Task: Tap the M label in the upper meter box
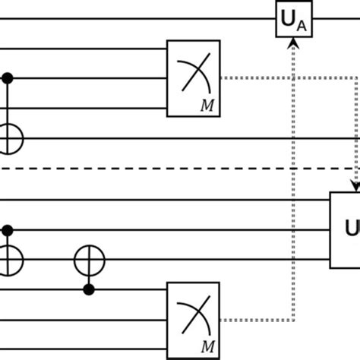click(x=207, y=105)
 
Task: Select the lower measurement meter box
click(x=193, y=318)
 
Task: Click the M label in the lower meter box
click(x=207, y=346)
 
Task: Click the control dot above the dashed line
click(x=8, y=77)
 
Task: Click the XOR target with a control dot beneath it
click(x=89, y=261)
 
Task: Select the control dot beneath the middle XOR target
click(x=89, y=290)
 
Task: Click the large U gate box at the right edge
click(x=346, y=229)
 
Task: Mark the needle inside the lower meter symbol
click(x=194, y=314)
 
